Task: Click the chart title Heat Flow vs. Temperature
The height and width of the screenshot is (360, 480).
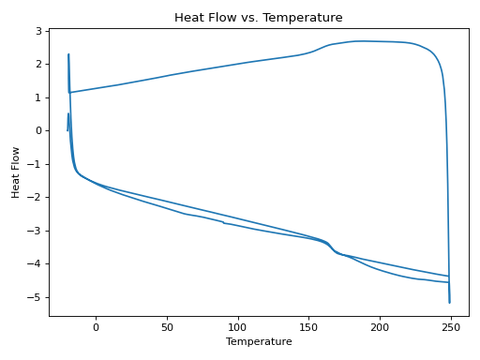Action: point(258,18)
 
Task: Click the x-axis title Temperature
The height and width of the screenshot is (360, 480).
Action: point(259,342)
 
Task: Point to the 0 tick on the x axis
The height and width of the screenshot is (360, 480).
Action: point(96,327)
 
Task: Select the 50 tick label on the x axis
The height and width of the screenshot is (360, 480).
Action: point(167,327)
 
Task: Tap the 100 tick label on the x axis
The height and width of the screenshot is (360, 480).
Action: point(238,327)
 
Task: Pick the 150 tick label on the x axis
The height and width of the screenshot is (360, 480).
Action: point(308,327)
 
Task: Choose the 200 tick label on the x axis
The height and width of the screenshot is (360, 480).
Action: point(380,327)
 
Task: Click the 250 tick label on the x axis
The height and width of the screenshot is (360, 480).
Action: point(451,327)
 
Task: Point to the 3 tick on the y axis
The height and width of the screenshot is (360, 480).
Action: point(38,31)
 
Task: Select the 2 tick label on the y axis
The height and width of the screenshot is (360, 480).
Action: point(38,64)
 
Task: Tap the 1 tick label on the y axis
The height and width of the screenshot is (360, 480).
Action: point(38,97)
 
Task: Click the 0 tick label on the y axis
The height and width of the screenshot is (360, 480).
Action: point(38,130)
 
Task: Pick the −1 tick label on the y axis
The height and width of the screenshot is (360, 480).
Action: point(36,164)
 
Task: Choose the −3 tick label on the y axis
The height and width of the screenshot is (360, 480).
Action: point(36,231)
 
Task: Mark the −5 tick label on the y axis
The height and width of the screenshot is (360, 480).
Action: point(36,297)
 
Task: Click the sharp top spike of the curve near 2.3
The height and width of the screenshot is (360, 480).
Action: point(68,54)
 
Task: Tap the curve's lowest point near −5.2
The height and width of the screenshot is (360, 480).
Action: point(449,303)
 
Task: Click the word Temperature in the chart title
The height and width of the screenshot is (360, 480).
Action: point(306,18)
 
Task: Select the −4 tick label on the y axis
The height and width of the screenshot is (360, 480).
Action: point(36,264)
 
